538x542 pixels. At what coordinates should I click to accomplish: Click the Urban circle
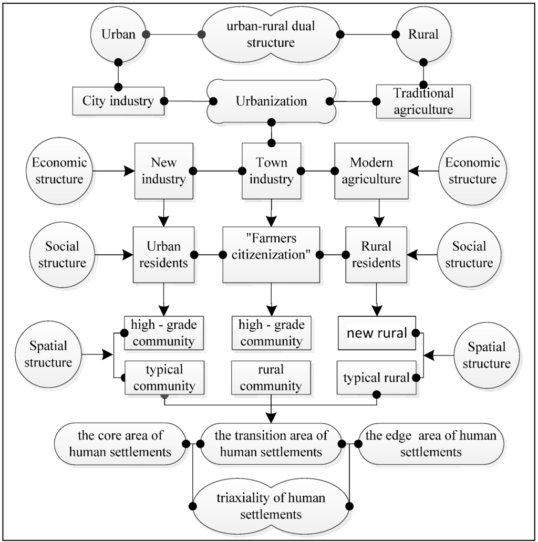click(118, 35)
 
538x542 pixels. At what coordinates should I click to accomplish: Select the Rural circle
click(423, 35)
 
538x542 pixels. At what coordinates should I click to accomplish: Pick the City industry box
click(117, 100)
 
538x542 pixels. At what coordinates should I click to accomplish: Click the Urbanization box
click(272, 100)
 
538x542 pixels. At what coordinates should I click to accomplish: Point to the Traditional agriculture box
click(415, 101)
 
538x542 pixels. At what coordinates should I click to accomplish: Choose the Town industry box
click(271, 171)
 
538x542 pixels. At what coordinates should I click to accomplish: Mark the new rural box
click(376, 333)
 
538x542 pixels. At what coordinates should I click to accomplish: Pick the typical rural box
click(376, 377)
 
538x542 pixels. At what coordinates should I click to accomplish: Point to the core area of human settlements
click(121, 444)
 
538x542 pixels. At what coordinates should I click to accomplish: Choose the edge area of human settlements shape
click(430, 444)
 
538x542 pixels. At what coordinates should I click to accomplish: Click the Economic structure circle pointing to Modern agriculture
click(472, 171)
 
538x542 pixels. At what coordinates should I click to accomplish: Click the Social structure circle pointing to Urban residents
click(62, 255)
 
